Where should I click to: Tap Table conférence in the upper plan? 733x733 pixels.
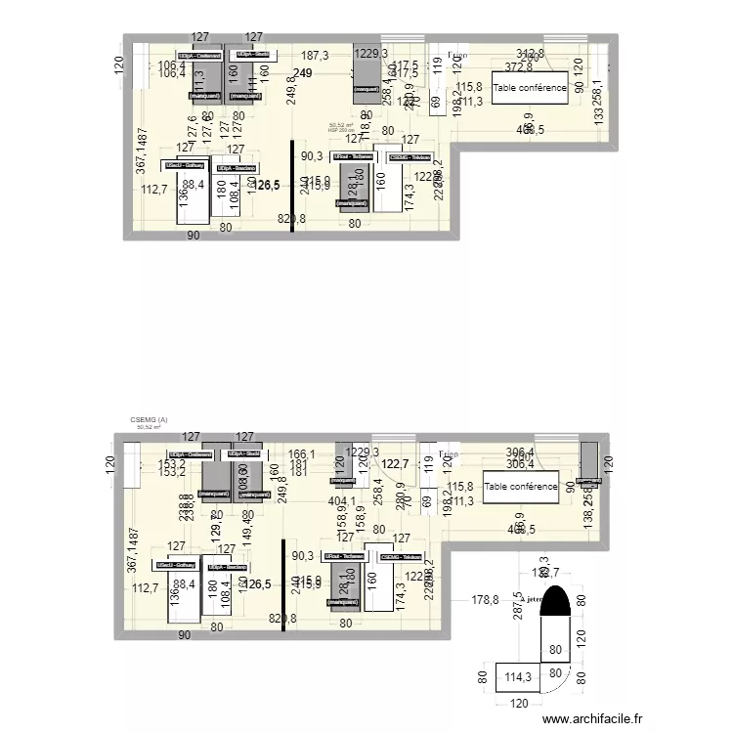530,88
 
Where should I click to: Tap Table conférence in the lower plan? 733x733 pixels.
522,486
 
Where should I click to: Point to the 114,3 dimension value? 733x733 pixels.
516,674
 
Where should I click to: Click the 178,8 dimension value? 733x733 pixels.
486,600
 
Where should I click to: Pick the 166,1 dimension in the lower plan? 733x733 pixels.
301,454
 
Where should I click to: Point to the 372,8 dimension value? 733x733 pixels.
519,66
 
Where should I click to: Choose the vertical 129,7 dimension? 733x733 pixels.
217,531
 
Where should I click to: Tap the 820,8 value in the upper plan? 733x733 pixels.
291,220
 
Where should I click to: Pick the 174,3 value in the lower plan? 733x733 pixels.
400,594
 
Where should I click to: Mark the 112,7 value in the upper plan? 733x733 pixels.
150,191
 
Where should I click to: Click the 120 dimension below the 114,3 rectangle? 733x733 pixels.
519,703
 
